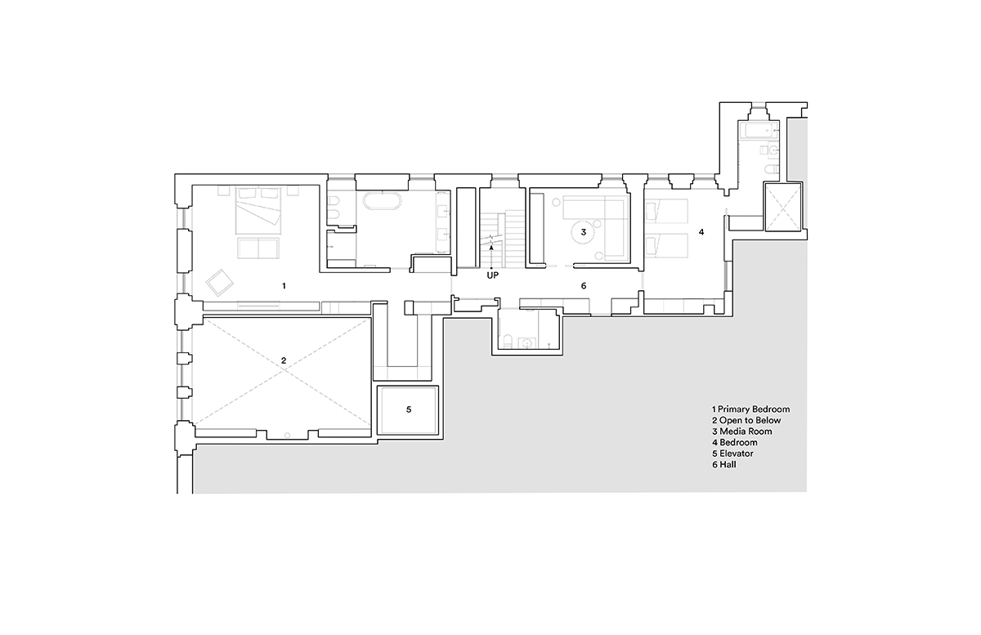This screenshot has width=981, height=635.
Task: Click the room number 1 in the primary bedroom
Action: point(284,286)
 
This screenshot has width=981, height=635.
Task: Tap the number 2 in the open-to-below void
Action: point(284,360)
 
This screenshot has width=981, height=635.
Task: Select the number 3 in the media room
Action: point(584,232)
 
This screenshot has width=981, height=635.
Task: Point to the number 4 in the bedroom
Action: point(701,232)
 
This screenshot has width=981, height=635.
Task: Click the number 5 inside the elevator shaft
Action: point(409,409)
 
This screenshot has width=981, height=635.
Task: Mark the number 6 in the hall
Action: point(584,286)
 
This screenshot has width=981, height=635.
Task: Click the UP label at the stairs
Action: point(493,276)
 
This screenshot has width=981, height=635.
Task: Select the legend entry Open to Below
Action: point(750,420)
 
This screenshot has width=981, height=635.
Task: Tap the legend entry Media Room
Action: point(746,432)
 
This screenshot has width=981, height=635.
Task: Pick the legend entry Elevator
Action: point(737,454)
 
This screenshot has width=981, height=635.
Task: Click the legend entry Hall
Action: point(728,465)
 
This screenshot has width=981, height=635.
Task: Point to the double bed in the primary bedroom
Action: point(258,210)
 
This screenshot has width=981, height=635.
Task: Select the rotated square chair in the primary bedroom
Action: point(220,283)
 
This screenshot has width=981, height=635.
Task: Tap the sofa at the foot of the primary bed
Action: point(258,248)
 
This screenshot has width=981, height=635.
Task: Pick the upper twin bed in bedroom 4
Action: point(665,212)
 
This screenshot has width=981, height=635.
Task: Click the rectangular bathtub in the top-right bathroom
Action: point(757,130)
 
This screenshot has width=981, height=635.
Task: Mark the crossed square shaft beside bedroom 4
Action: point(782,207)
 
